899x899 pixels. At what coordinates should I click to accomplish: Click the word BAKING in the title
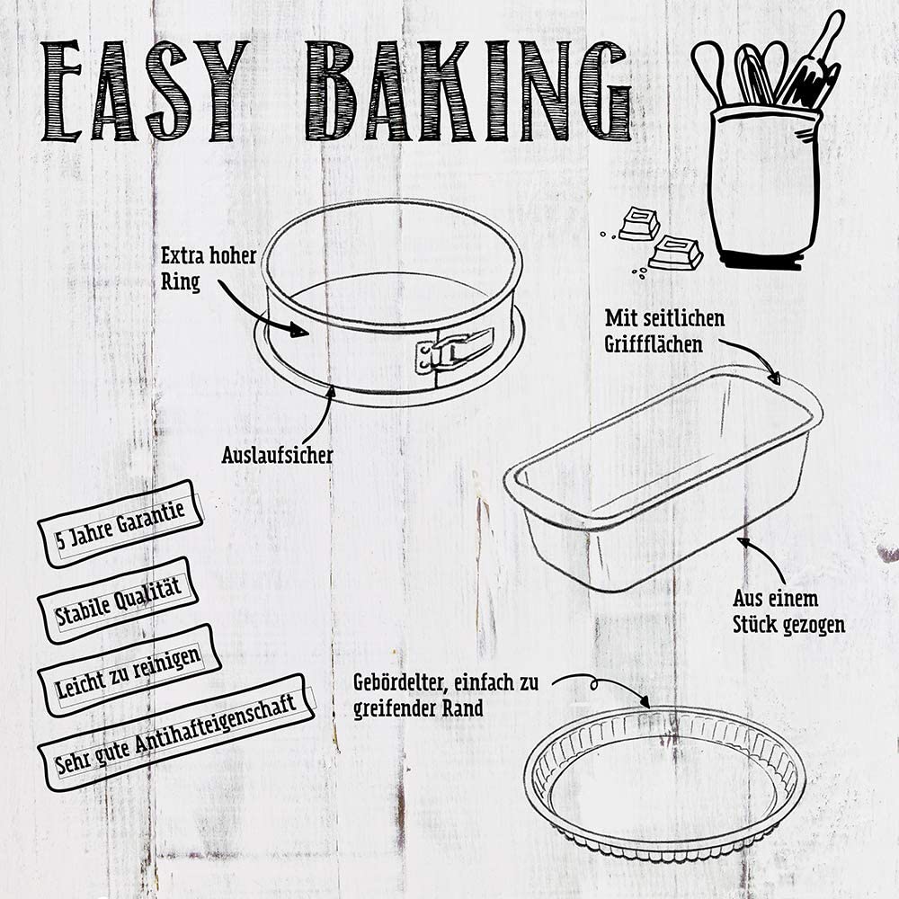467,91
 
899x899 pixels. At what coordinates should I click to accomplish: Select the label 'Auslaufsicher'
277,455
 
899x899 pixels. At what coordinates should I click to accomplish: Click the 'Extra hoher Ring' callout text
209,268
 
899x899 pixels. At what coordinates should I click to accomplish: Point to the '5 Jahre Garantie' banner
120,523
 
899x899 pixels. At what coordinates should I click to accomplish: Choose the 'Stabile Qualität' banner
118,600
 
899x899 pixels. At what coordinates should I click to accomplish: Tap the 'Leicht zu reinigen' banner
129,670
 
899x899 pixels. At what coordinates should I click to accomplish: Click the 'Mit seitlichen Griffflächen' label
664,331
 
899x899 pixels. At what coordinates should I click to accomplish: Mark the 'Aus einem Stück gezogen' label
789,611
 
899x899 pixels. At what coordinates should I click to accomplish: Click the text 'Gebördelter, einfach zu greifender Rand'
446,695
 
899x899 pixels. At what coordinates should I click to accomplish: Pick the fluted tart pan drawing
665,784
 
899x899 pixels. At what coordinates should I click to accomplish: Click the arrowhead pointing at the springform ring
298,330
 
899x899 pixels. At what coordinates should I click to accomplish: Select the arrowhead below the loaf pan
744,542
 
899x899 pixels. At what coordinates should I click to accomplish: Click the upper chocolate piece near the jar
638,224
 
